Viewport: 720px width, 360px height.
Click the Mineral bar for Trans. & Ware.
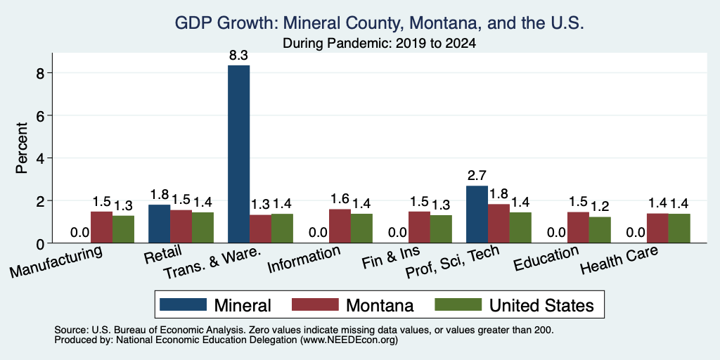(239, 154)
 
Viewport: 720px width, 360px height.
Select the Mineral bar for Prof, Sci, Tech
(477, 214)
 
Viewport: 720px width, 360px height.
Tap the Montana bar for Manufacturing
(101, 227)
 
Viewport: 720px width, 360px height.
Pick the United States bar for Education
(600, 230)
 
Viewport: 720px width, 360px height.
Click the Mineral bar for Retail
(160, 224)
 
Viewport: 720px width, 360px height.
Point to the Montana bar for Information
(340, 226)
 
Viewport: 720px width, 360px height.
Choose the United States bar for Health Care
(680, 229)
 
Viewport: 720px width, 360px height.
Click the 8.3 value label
(239, 56)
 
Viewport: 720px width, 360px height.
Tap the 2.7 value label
(477, 176)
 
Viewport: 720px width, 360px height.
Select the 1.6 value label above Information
(340, 199)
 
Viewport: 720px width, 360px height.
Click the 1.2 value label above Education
(600, 207)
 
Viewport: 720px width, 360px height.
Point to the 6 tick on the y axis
(43, 116)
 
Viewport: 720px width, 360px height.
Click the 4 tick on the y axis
(43, 158)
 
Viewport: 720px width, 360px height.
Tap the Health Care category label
(619, 260)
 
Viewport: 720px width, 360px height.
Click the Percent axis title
(22, 148)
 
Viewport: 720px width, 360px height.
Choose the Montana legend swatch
(315, 304)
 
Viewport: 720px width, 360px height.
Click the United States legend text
(542, 305)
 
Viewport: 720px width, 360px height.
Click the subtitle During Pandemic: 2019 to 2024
(379, 44)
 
